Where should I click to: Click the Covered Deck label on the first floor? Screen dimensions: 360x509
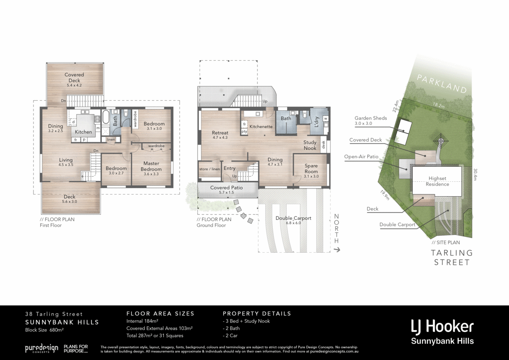74,77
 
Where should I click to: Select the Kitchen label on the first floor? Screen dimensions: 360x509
84,132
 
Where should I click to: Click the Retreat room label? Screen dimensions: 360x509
220,133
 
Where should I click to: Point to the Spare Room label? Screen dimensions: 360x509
311,169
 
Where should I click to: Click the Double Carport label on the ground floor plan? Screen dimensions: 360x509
293,218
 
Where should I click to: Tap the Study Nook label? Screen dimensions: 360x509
310,145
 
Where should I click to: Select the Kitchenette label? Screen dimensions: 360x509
260,127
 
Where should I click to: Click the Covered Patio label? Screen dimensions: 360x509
227,187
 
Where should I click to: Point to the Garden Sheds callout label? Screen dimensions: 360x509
371,118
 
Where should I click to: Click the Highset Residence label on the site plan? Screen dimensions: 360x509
437,181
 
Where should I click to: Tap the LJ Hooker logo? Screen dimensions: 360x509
442,327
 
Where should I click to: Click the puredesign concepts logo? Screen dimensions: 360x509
41,349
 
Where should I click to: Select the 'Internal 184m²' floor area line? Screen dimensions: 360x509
142,321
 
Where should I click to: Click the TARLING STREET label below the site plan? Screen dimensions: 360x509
451,257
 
